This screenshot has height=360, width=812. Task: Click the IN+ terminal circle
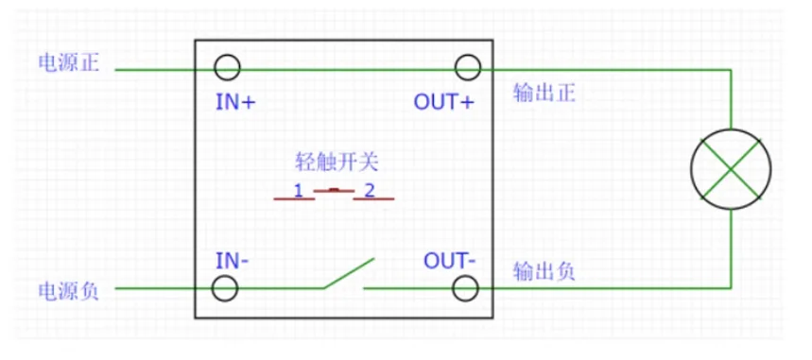pyautogui.click(x=227, y=56)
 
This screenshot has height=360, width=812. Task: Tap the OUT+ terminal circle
pyautogui.click(x=468, y=56)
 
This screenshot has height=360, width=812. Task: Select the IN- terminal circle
pyautogui.click(x=225, y=277)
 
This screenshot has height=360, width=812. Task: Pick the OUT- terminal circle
pyautogui.click(x=465, y=277)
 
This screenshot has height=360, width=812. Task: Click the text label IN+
pyautogui.click(x=235, y=103)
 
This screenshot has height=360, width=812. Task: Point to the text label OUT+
pyautogui.click(x=443, y=103)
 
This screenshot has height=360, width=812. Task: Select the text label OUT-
pyautogui.click(x=450, y=261)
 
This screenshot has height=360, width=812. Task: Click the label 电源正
pyautogui.click(x=69, y=62)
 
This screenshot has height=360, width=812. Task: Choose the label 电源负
pyautogui.click(x=69, y=292)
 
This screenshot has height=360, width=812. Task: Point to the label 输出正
pyautogui.click(x=544, y=94)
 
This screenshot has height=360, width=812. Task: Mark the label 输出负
pyautogui.click(x=544, y=271)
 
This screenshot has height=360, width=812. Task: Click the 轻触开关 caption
pyautogui.click(x=337, y=163)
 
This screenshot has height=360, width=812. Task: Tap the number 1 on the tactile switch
pyautogui.click(x=299, y=191)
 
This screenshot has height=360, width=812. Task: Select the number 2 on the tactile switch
pyautogui.click(x=370, y=191)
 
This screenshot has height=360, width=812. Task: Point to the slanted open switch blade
pyautogui.click(x=349, y=273)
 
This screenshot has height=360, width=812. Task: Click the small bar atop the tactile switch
pyautogui.click(x=335, y=190)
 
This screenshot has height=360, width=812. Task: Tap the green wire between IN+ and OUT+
pyautogui.click(x=348, y=69)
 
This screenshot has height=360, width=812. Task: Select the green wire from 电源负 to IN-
pyautogui.click(x=164, y=288)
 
